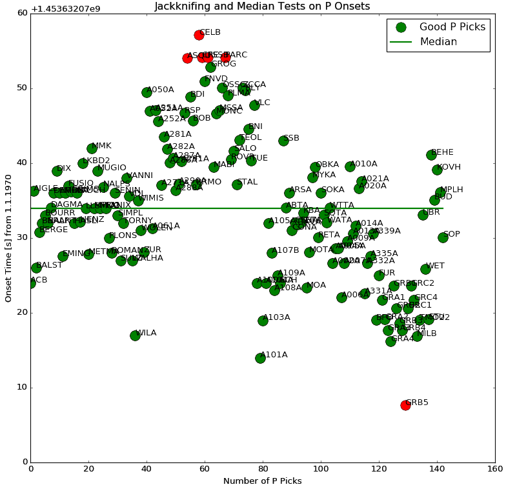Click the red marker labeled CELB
tap(199, 35)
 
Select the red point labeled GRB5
tap(405, 405)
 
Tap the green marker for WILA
tap(135, 335)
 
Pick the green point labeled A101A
tap(260, 358)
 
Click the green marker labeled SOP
tap(443, 237)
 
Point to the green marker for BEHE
tap(431, 155)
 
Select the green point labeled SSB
tap(283, 141)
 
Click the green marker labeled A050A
tap(147, 92)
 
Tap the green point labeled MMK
tap(92, 148)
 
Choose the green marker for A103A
tap(263, 321)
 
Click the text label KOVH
tap(449, 167)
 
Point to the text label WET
tap(435, 266)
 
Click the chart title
tap(262, 6)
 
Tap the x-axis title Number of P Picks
tap(262, 481)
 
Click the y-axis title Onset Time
tap(8, 237)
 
